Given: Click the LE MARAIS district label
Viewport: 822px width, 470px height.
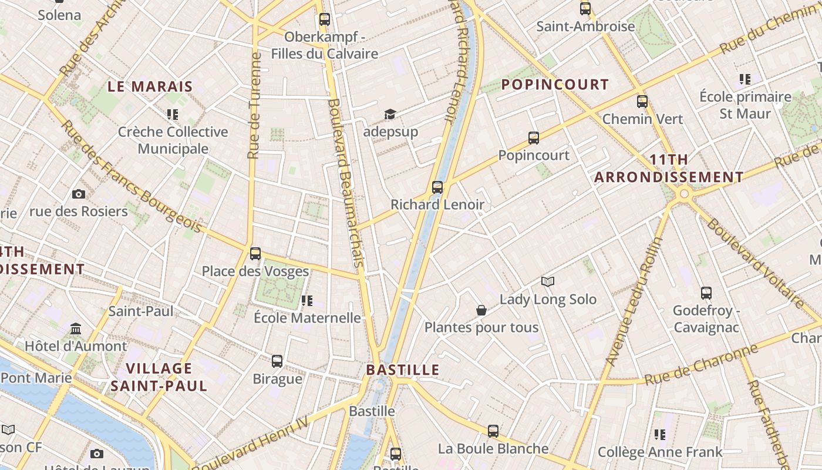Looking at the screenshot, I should click(150, 86).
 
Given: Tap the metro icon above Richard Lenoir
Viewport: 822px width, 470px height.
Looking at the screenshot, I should click(437, 187).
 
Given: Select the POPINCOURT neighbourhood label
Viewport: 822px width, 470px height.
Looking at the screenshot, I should click(555, 85).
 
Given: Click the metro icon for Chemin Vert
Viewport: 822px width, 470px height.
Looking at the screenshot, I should click(642, 101).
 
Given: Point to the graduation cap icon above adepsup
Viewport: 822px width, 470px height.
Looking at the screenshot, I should click(390, 114).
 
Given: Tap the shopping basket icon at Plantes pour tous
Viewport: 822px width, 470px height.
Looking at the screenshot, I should click(481, 310).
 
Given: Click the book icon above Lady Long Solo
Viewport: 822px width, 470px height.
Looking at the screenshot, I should click(548, 282).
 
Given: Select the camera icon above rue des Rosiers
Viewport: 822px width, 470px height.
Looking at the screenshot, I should click(78, 194).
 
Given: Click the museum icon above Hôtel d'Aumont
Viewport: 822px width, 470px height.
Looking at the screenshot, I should click(75, 328).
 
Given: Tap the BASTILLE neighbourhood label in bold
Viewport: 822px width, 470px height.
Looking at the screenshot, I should click(403, 370).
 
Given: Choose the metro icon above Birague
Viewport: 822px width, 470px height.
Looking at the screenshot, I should click(277, 361).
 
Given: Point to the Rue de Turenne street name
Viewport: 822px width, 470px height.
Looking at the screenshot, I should click(254, 106).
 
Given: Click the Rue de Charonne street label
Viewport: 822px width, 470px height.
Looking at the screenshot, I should click(701, 365).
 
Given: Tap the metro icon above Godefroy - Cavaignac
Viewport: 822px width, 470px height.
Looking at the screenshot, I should click(706, 293).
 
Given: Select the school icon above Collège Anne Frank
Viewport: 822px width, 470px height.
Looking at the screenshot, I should click(659, 435).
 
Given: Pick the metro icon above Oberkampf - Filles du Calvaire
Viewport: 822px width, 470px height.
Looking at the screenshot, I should click(324, 19).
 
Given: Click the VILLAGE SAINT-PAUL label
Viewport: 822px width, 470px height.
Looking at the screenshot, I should click(159, 377).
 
